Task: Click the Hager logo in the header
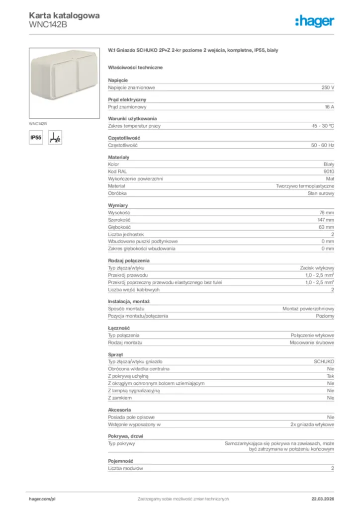point(314,21)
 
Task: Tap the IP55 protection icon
point(36,138)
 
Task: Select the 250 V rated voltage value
point(328,87)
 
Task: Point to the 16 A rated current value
point(329,107)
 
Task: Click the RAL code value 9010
point(329,171)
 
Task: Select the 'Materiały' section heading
point(118,157)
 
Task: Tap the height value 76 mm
point(327,212)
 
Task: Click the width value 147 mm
point(326,220)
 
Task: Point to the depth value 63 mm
point(327,227)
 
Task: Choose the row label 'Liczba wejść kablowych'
point(134,289)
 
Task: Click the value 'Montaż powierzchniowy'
point(308,309)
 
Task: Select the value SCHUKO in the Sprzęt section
point(324,361)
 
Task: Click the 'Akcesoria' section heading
point(119,410)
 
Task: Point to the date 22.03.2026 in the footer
point(323,499)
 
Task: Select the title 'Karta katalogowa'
point(64,15)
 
